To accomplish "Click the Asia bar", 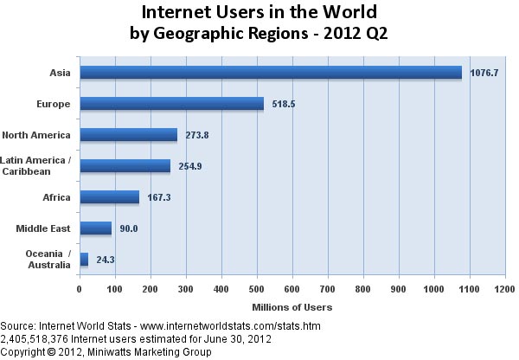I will [270, 73].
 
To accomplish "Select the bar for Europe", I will [171, 104].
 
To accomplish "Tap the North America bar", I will [128, 135].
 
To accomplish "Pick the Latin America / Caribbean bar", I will [125, 165].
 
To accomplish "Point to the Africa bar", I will [109, 197].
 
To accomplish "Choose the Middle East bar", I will [95, 228].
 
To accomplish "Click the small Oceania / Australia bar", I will [84, 259].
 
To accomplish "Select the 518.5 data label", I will [285, 104].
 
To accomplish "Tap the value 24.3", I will [106, 259].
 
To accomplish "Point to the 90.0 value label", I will [129, 228].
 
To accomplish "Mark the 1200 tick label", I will [506, 288].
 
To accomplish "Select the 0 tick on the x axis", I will [79, 288].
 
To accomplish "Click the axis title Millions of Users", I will [292, 307].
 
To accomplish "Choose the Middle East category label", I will [44, 228].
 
